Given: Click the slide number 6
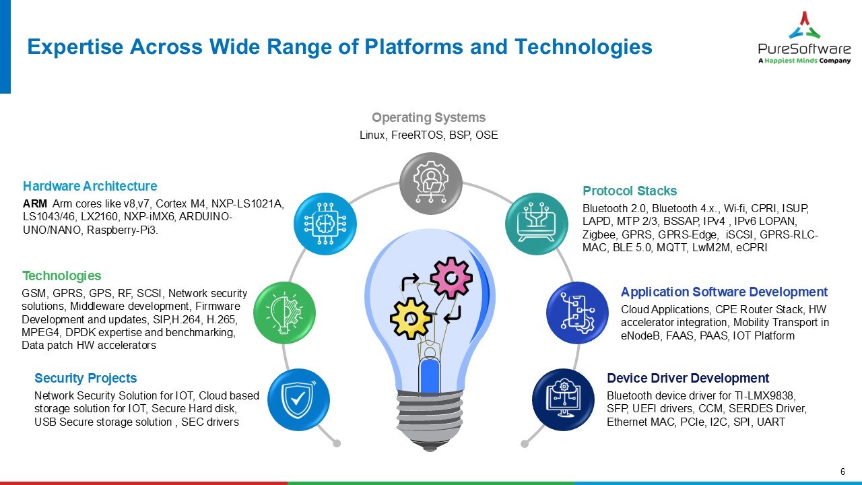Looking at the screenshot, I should click(x=842, y=471).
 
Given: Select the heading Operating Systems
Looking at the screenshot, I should click(x=428, y=118).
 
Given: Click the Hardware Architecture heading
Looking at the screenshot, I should click(x=90, y=187).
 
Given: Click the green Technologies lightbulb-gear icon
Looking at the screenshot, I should click(x=284, y=313).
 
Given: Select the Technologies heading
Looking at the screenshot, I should click(x=62, y=276).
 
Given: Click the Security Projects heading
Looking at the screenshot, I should click(x=86, y=379).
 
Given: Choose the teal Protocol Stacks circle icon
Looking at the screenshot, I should click(x=537, y=224).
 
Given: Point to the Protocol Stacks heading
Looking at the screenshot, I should click(x=630, y=191).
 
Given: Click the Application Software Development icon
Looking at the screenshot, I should click(x=576, y=313).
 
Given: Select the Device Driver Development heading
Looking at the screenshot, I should click(x=688, y=379).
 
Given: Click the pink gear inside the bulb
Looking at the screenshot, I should click(x=451, y=276).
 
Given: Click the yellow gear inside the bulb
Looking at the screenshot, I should click(x=411, y=317).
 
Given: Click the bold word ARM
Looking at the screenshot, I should click(x=34, y=204).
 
